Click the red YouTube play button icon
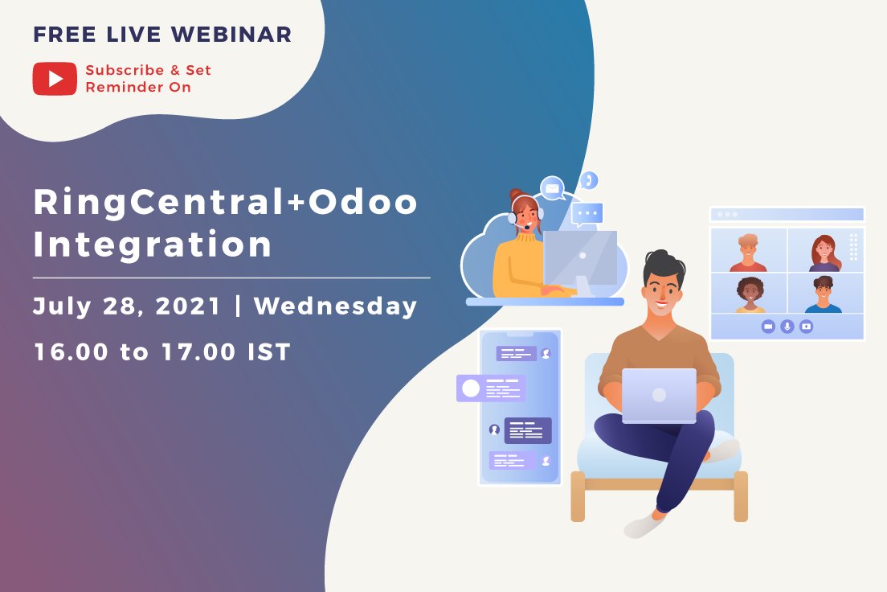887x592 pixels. [x=55, y=79]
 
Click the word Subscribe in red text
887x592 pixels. [x=125, y=70]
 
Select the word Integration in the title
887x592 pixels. [x=153, y=245]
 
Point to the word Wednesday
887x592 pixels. [x=336, y=306]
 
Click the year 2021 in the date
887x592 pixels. [x=187, y=306]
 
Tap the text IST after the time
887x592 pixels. [x=269, y=351]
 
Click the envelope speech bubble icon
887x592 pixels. [x=553, y=188]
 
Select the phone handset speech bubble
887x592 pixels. [x=589, y=181]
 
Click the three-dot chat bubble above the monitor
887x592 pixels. [x=587, y=214]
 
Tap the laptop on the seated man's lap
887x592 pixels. [x=659, y=396]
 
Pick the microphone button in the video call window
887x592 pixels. [x=787, y=327]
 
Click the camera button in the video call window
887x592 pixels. [x=767, y=327]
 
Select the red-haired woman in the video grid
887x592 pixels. [x=825, y=253]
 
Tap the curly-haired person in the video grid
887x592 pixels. [x=750, y=294]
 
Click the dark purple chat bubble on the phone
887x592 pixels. [x=528, y=430]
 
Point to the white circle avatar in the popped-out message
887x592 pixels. [x=471, y=388]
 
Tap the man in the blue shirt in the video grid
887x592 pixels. [x=824, y=294]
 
